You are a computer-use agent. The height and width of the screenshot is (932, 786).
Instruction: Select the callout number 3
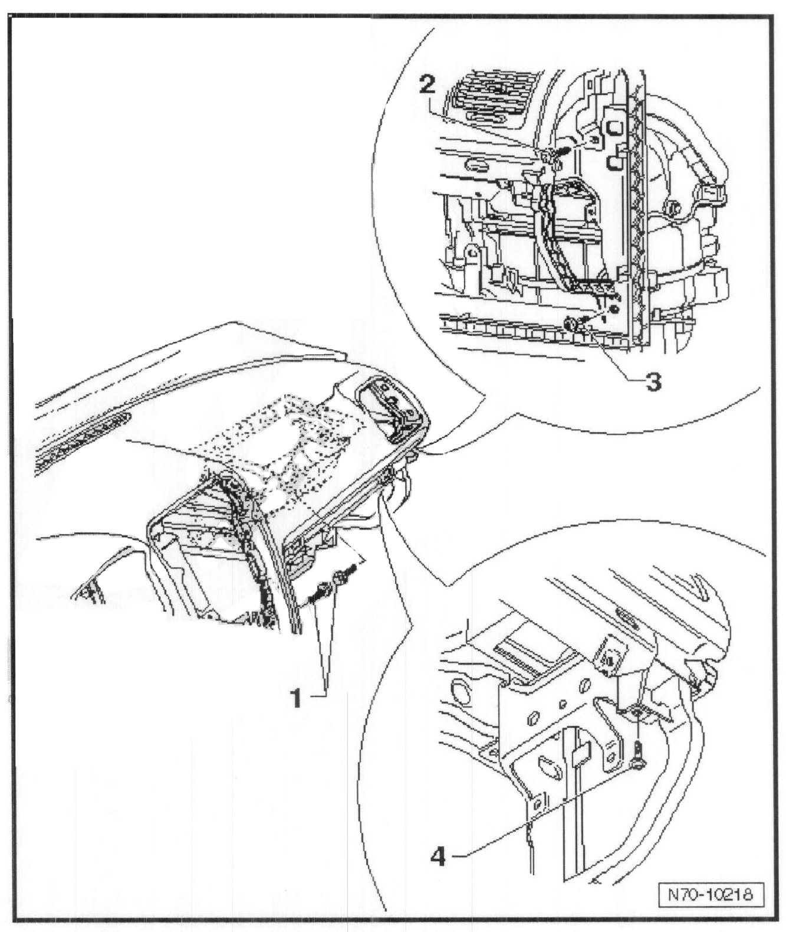[x=651, y=382]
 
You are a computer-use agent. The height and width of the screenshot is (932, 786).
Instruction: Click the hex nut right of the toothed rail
[x=674, y=207]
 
